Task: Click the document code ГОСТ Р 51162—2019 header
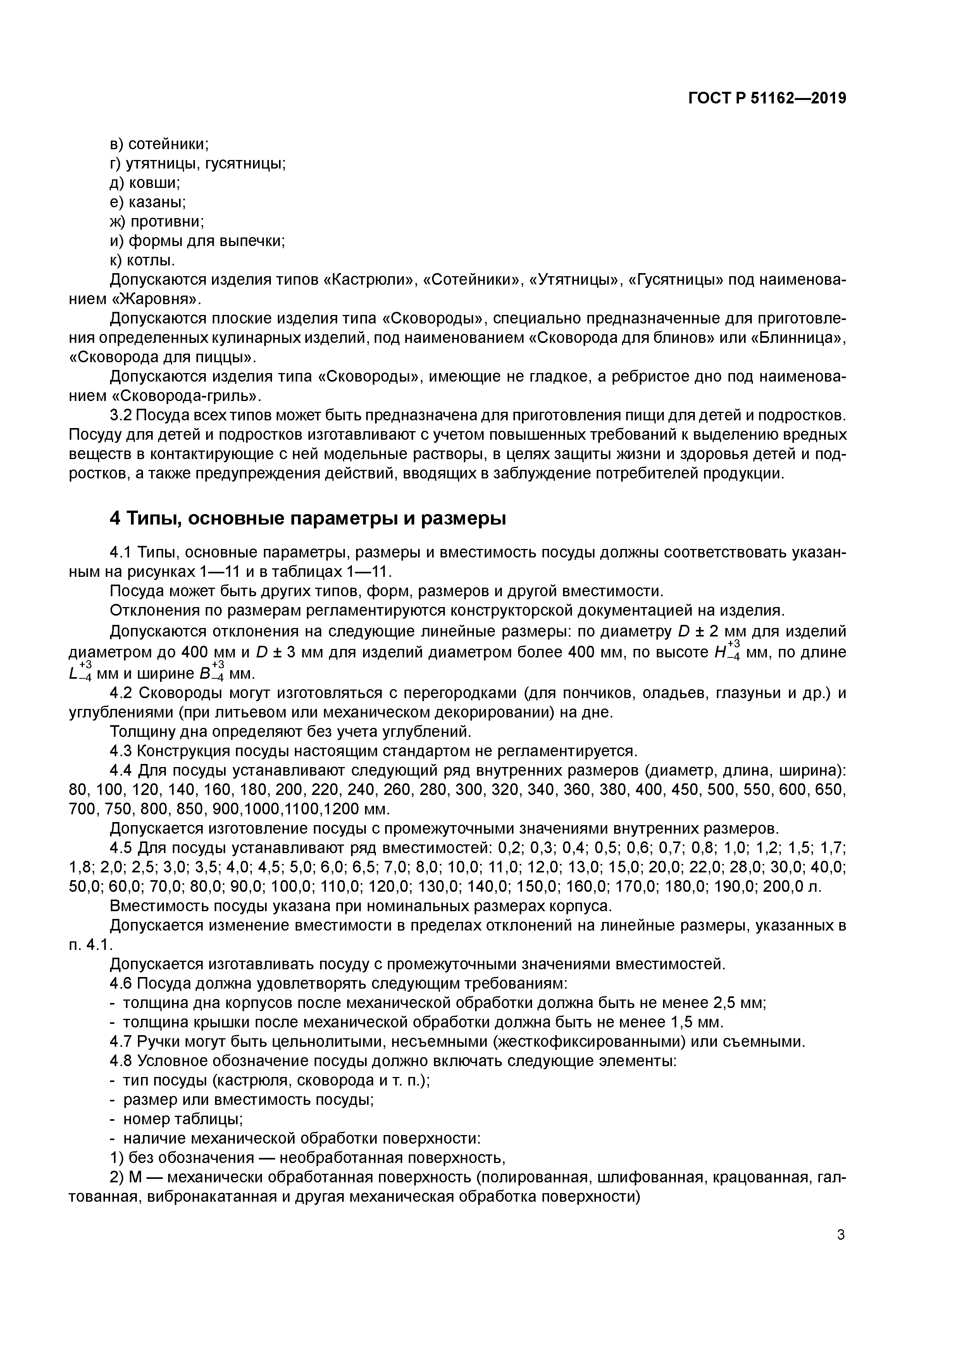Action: point(767,98)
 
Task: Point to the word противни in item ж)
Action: point(167,222)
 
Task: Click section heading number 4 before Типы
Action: point(116,518)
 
